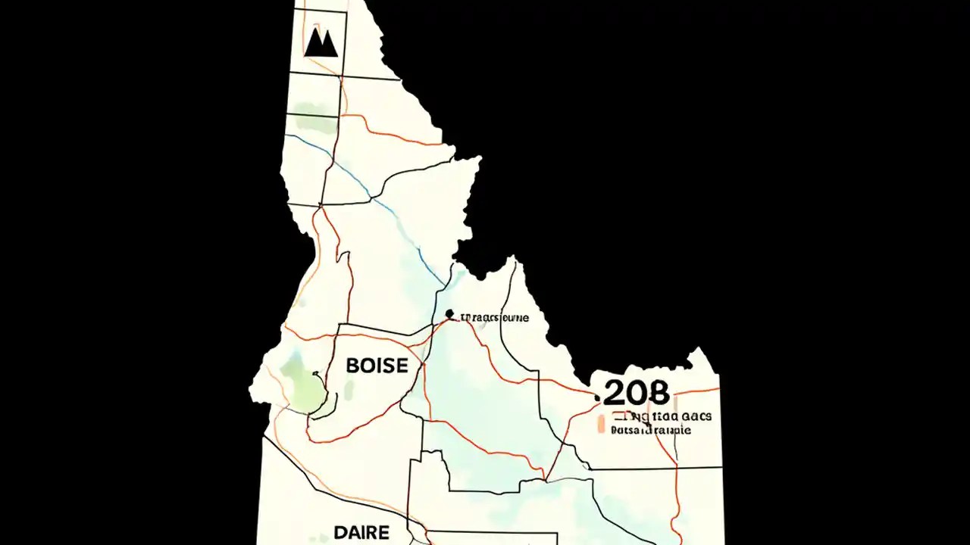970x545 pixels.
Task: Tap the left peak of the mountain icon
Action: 314,35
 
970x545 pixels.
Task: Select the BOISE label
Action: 377,366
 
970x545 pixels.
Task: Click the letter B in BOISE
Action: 352,366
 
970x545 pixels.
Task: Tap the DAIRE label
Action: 361,532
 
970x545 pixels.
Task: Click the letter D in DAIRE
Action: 340,532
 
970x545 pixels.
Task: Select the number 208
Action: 637,393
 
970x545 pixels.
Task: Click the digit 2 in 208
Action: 615,393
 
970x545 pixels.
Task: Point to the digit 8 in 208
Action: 659,393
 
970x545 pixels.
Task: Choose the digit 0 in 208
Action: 637,393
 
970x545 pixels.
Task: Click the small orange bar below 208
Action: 601,424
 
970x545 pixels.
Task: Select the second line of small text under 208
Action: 650,430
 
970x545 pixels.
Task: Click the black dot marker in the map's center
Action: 449,313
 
